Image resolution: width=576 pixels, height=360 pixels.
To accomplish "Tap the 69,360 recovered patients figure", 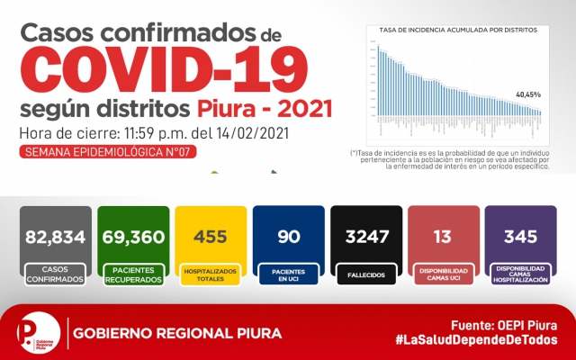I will (x=133, y=237).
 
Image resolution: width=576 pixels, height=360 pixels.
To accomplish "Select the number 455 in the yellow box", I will (x=210, y=237).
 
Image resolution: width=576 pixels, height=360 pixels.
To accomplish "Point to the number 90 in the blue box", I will (x=287, y=237).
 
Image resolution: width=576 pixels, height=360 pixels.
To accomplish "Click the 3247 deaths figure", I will (x=364, y=237).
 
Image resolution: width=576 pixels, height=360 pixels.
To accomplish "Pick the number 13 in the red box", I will (x=441, y=237).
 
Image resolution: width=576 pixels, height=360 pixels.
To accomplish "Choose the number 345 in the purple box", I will (x=519, y=237).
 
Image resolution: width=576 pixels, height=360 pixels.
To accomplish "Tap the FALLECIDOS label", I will (x=364, y=274).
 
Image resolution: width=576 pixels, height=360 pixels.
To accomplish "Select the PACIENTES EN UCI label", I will (x=287, y=274).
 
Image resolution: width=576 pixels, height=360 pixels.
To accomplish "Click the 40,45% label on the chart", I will (x=528, y=94).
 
